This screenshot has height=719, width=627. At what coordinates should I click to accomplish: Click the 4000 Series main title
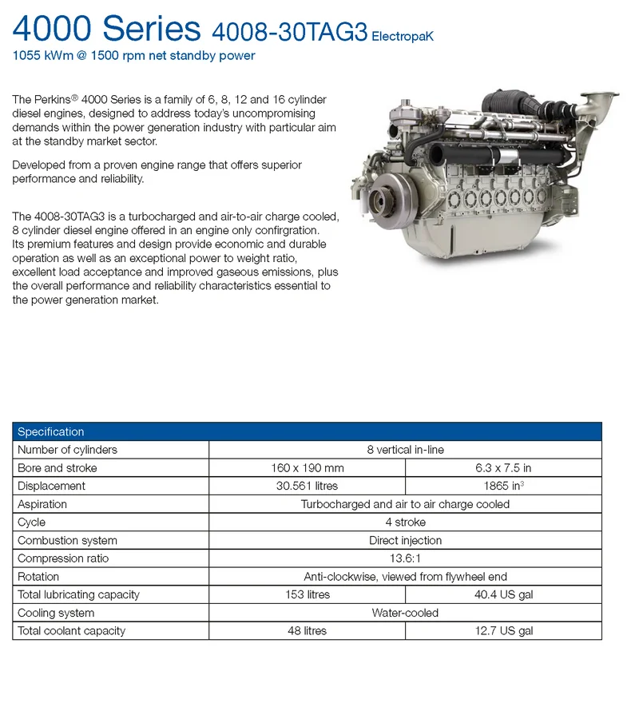pyautogui.click(x=106, y=29)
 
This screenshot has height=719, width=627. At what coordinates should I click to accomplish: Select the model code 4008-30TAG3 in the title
pyautogui.click(x=289, y=32)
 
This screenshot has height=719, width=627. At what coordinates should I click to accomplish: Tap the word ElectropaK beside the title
pyautogui.click(x=403, y=37)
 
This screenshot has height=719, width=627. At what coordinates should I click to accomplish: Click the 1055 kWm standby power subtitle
pyautogui.click(x=133, y=56)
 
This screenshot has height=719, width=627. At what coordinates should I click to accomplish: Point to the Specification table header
pyautogui.click(x=51, y=431)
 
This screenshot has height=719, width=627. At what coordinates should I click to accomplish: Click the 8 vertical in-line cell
pyautogui.click(x=405, y=450)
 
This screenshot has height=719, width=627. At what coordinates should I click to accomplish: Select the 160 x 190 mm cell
pyautogui.click(x=307, y=468)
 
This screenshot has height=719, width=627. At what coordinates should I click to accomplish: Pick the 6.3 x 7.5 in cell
pyautogui.click(x=503, y=468)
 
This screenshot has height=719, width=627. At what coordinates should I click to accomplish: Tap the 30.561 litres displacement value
pyautogui.click(x=307, y=486)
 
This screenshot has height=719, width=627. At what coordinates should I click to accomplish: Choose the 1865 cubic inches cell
pyautogui.click(x=503, y=486)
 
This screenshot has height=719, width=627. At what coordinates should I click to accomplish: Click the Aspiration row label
pyautogui.click(x=42, y=504)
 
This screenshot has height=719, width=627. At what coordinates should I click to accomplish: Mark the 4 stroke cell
pyautogui.click(x=405, y=522)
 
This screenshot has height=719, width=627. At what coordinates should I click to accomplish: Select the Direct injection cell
pyautogui.click(x=405, y=541)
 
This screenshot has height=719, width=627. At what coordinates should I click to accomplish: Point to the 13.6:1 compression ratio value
pyautogui.click(x=405, y=558)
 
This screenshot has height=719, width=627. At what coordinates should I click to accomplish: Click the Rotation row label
pyautogui.click(x=38, y=577)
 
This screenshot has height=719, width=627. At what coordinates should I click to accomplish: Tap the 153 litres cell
pyautogui.click(x=307, y=594)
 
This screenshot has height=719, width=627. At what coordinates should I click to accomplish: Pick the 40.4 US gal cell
pyautogui.click(x=503, y=594)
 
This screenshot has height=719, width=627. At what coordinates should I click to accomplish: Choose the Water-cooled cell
pyautogui.click(x=405, y=613)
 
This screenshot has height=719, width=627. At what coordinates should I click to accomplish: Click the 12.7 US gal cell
pyautogui.click(x=503, y=631)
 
